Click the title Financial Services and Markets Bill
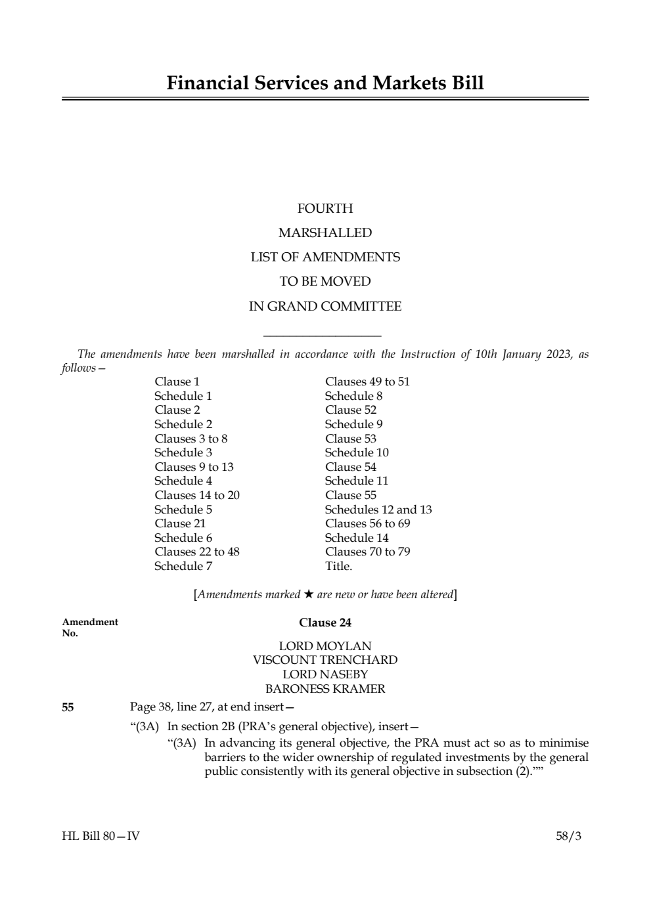pos(325,83)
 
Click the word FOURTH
pos(325,209)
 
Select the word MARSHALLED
pos(325,233)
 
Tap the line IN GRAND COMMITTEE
pos(325,307)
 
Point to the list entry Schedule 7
pos(183,566)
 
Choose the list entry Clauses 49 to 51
pos(367,382)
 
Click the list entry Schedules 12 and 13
pos(378,510)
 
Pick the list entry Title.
pos(338,566)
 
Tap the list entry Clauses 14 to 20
pos(197,495)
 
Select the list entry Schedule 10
pos(357,452)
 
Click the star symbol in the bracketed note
pos(309,594)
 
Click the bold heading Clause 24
pos(325,623)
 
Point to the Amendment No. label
pos(90,627)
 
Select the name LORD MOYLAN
pos(325,646)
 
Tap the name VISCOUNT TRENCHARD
pos(325,660)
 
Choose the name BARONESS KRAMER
pos(325,689)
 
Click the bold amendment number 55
pos(68,707)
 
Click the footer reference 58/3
pos(568,836)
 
